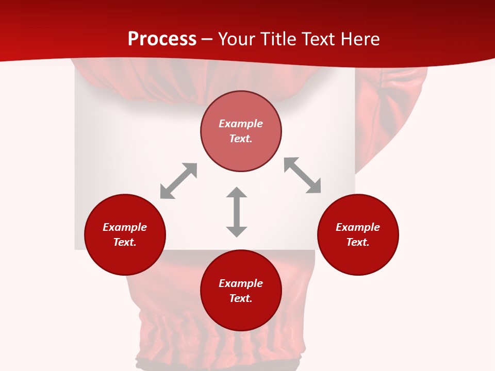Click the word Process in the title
[162, 39]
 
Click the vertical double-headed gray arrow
[237, 212]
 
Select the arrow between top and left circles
[178, 181]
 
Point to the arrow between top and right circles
[302, 175]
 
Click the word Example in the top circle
[241, 124]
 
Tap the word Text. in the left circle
[125, 242]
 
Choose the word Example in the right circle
[358, 227]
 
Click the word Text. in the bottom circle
[241, 298]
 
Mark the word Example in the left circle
[125, 227]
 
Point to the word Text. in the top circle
[241, 139]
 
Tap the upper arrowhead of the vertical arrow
[237, 193]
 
